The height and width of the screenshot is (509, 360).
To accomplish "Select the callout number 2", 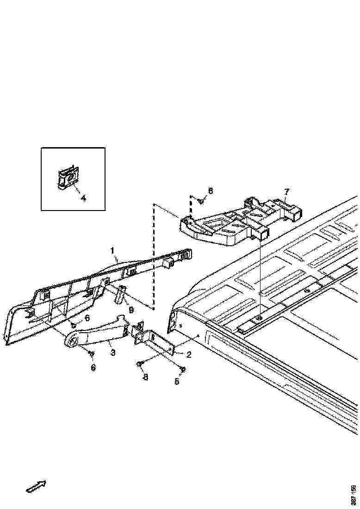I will [189, 355].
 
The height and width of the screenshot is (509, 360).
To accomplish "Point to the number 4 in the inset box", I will [83, 198].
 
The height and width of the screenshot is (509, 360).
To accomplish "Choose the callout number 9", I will [131, 310].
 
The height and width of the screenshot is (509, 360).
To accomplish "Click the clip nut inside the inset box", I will [68, 178].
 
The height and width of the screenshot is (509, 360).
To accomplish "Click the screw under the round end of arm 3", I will [91, 354].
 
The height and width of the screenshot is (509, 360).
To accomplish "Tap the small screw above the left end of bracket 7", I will [201, 201].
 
